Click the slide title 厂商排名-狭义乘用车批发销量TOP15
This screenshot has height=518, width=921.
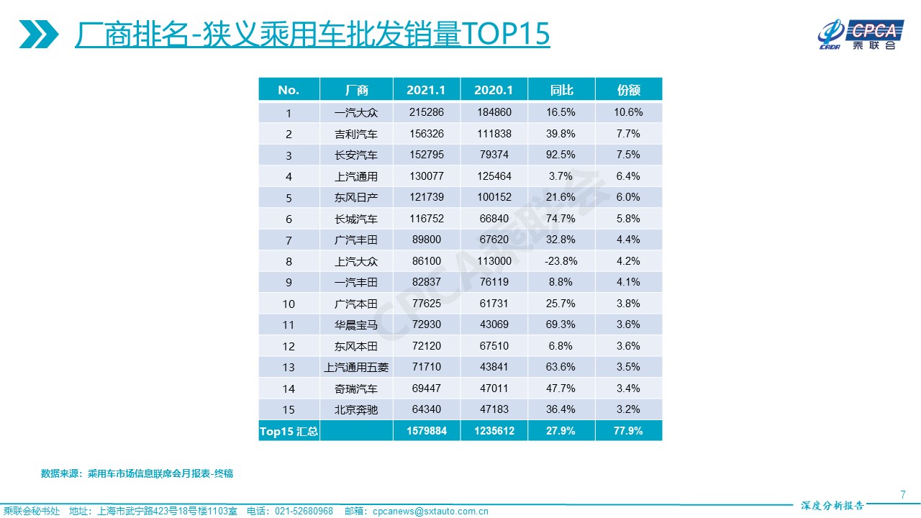[312, 34]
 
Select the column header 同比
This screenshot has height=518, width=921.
[561, 90]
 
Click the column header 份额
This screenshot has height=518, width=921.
[628, 90]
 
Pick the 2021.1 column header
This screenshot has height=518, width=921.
[426, 90]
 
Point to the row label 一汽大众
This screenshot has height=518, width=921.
[356, 113]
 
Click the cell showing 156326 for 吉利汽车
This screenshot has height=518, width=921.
[426, 134]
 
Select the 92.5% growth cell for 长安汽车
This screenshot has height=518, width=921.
[561, 155]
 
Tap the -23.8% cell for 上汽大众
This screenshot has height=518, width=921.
[561, 261]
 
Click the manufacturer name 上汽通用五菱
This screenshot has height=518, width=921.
[356, 367]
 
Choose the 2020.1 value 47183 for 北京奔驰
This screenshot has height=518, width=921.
[494, 409]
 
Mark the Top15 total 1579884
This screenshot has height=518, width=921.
[426, 431]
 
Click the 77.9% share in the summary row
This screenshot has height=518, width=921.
[628, 431]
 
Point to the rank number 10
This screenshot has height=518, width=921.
[289, 304]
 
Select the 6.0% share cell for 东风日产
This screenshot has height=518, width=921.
[628, 197]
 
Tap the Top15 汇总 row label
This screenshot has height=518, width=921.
[289, 432]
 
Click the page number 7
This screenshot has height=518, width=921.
[902, 494]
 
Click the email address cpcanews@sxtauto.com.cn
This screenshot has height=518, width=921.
[430, 512]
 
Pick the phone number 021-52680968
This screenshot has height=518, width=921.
[304, 512]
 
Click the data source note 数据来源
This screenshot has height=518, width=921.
[137, 473]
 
